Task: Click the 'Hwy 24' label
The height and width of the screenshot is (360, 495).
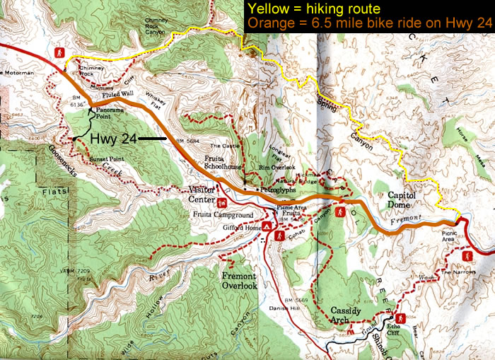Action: click(x=113, y=139)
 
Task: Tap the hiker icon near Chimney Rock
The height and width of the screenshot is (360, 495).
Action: click(x=62, y=54)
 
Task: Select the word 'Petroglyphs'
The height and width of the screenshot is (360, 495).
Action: click(x=272, y=190)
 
